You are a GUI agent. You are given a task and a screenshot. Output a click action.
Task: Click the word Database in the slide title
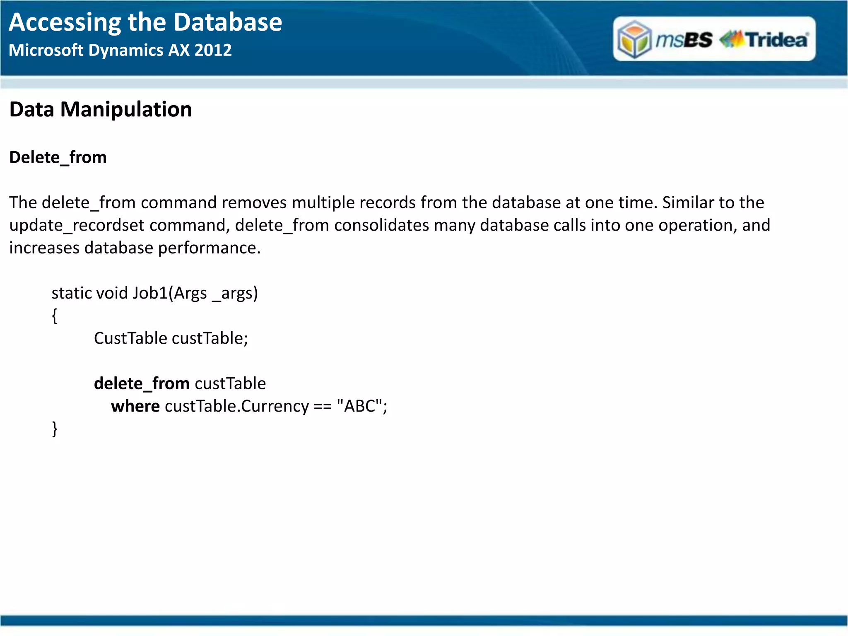tap(228, 22)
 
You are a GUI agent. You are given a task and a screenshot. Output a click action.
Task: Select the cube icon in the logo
tap(634, 40)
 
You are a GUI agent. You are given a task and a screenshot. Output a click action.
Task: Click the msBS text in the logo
tap(684, 40)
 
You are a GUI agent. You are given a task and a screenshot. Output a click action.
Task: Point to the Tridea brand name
tap(777, 40)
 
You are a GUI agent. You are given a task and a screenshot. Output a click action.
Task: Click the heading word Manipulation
tap(126, 110)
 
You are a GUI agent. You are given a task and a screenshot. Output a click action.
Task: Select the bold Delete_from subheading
tap(58, 158)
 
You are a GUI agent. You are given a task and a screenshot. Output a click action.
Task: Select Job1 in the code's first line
tap(150, 293)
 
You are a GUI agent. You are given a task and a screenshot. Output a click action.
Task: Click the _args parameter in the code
tap(232, 293)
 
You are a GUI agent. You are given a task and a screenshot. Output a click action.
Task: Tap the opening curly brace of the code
tap(54, 316)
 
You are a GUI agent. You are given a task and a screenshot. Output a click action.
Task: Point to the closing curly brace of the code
tap(54, 429)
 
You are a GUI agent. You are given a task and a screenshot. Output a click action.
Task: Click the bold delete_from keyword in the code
tap(142, 384)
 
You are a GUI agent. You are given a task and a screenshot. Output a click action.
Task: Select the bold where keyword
tap(135, 406)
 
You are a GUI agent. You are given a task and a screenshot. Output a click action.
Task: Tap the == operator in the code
tap(323, 407)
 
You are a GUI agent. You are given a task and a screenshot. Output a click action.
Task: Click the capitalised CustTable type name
tap(130, 338)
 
